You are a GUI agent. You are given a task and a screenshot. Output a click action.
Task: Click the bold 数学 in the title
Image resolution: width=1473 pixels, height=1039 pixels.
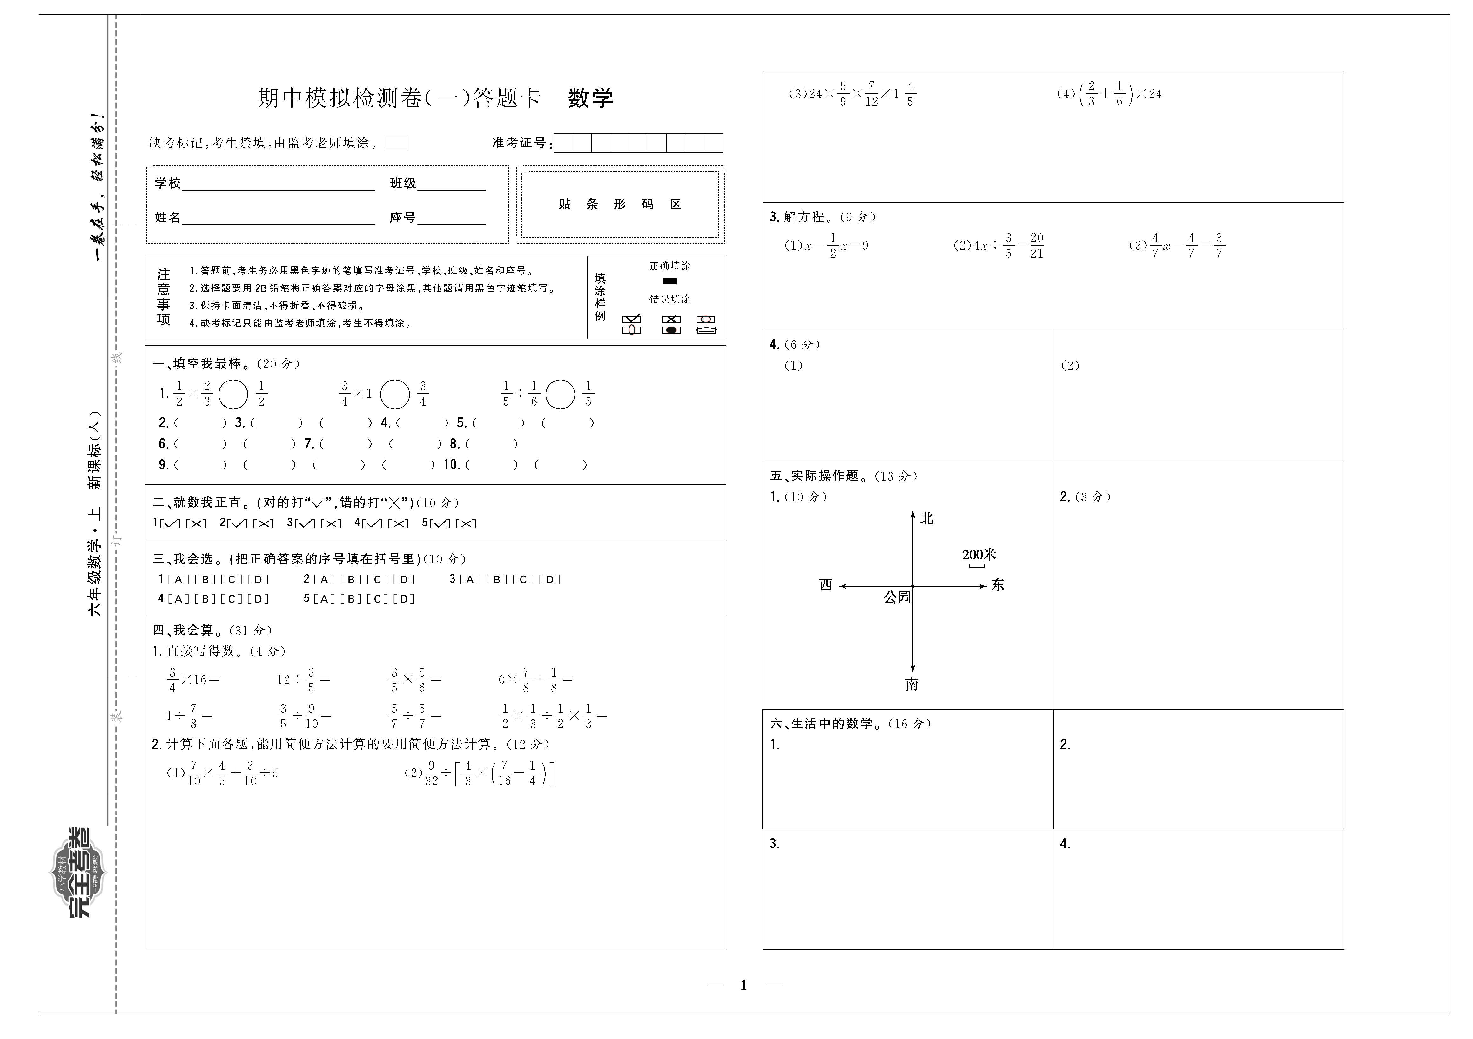(590, 98)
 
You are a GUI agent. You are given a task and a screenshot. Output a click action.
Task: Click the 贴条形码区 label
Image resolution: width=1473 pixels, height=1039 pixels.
(620, 204)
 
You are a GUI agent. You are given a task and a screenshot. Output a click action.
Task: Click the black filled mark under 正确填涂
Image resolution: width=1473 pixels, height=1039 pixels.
(670, 281)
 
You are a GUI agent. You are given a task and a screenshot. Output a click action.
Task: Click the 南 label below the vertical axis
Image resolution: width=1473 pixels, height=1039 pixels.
(911, 685)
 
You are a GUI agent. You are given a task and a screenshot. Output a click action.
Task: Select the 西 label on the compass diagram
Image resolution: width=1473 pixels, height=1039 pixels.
(826, 585)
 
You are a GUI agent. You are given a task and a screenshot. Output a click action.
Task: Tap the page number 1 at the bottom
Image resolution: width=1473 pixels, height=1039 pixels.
(743, 985)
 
